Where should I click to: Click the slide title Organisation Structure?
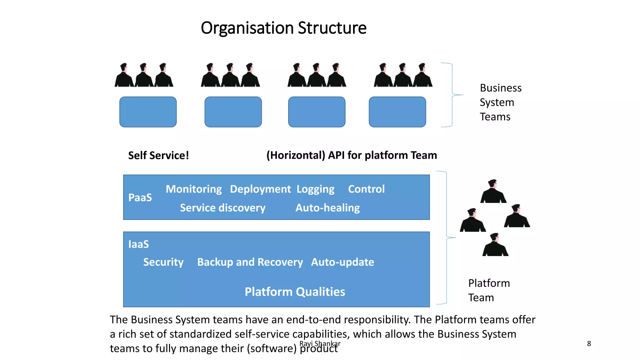coord(283,28)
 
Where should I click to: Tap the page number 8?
coord(589,344)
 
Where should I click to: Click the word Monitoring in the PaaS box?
coord(194,189)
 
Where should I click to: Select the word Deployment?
coord(260,189)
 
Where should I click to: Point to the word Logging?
coord(315,189)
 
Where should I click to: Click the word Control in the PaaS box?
coord(366,189)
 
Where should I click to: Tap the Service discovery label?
coord(222,208)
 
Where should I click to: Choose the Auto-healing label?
coord(327,208)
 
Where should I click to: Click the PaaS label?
coord(140,197)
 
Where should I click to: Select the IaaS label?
coord(138,244)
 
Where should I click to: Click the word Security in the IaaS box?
coord(163,262)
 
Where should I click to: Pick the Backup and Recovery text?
coord(250,262)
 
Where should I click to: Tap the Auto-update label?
coord(342,262)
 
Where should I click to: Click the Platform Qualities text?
coord(295,292)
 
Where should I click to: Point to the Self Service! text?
coord(158,155)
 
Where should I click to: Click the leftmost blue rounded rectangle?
coord(148,112)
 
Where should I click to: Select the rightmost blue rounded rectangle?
coord(397,112)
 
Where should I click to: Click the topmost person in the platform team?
coord(493,192)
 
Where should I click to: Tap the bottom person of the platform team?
coord(495,246)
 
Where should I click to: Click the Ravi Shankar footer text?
coord(320,343)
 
